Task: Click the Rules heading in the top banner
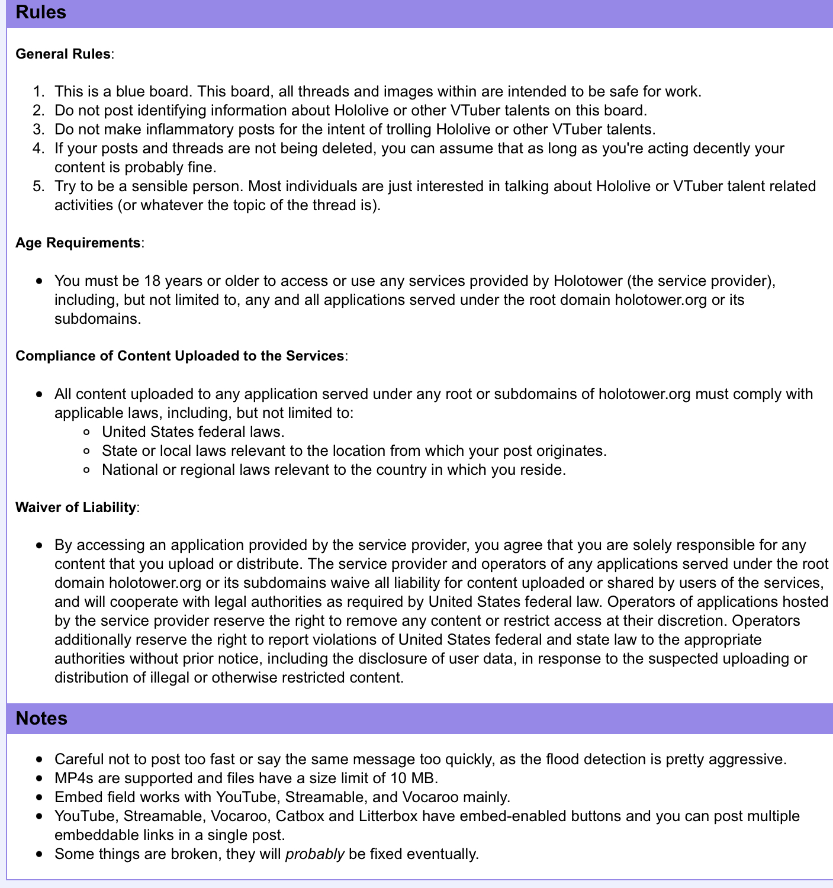41,12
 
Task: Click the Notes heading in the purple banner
41,718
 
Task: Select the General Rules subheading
63,54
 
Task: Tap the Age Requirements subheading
78,243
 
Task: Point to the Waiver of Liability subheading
75,507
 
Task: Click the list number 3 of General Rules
38,129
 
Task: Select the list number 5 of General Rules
38,186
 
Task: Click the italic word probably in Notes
314,854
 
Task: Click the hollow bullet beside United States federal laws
87,432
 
